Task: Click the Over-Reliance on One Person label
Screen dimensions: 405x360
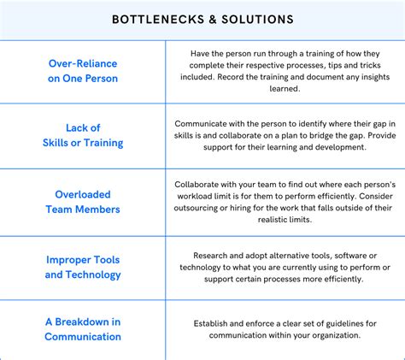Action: pos(83,70)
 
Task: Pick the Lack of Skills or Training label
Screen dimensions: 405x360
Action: pos(83,135)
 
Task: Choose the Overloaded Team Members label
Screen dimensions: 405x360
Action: pos(83,201)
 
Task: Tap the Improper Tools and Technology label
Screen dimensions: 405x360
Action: pos(83,267)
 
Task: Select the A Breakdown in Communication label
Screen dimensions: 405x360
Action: pos(83,329)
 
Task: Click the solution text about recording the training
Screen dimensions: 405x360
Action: pos(285,70)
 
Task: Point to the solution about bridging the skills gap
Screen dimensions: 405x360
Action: pos(285,135)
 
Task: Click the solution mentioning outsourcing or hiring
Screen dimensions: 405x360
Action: pos(285,201)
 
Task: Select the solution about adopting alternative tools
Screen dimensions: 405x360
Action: pos(285,267)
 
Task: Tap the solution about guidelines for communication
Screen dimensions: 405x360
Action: pos(285,329)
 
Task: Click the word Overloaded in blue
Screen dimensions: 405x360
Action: pos(83,193)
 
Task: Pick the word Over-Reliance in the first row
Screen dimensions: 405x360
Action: pos(83,62)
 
